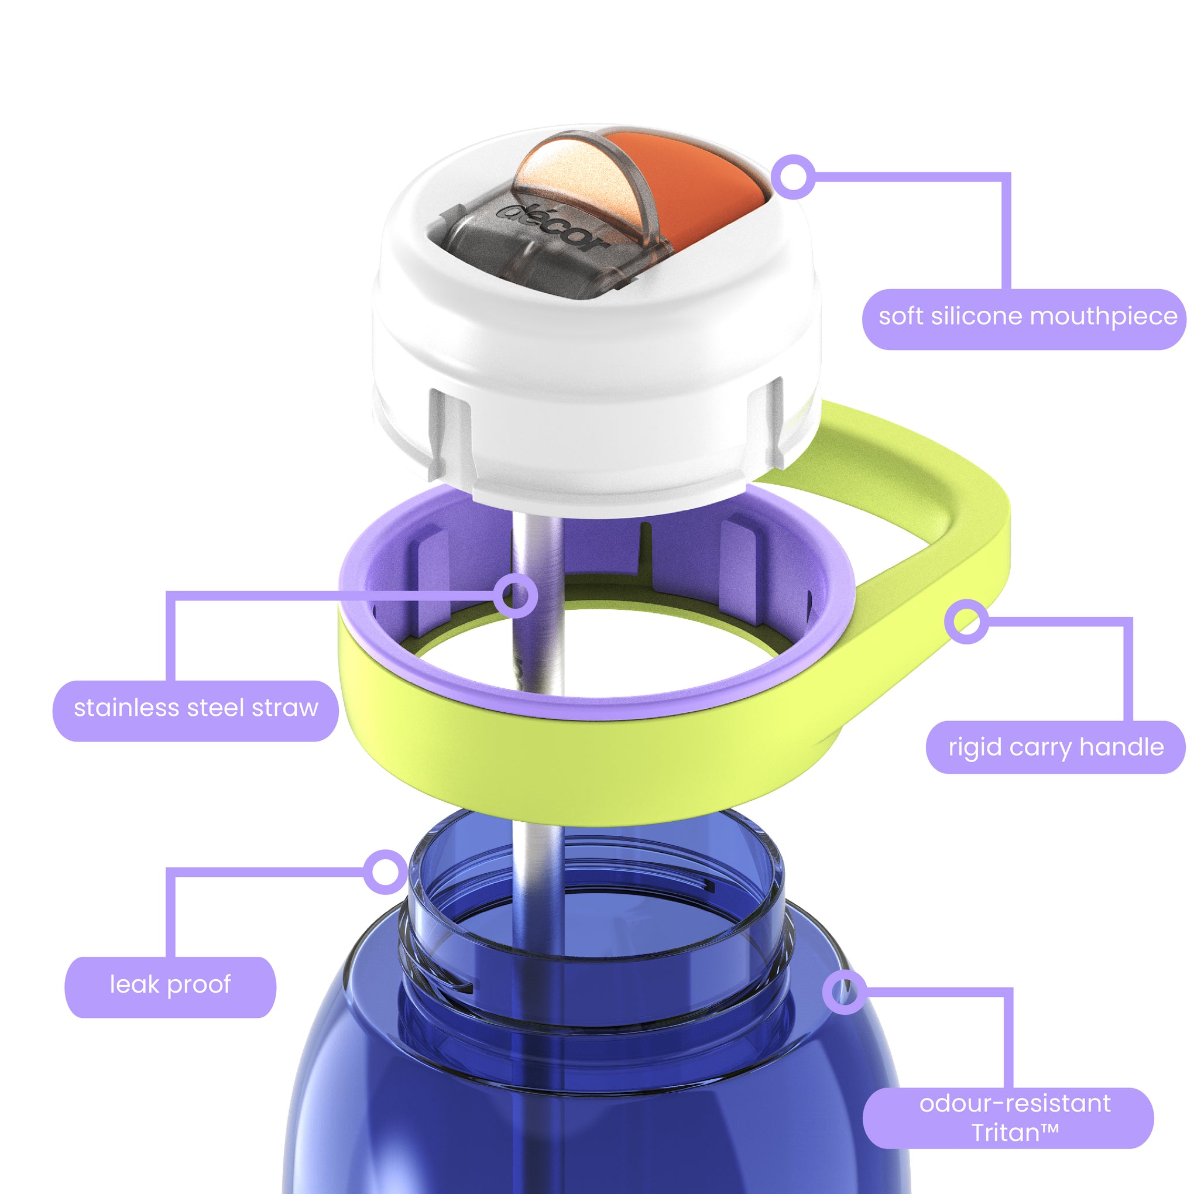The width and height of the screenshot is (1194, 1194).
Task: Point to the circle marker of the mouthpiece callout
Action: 794,177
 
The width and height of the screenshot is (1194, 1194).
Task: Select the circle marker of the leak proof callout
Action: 386,872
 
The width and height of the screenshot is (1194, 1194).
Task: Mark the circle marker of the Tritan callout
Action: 844,992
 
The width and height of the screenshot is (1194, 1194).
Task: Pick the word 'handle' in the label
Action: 1121,747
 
